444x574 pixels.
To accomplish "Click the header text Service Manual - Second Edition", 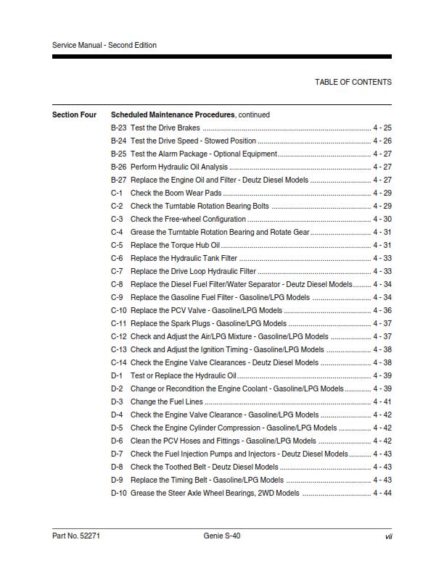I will pos(104,45).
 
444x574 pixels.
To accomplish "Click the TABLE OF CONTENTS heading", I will pos(353,82).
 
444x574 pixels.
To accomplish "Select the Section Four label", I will pos(74,115).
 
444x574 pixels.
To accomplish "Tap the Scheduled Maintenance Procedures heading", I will pos(173,115).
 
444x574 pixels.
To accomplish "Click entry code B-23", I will pos(118,128).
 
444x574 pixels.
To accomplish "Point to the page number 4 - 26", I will pos(382,141).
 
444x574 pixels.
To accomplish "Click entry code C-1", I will pos(117,193).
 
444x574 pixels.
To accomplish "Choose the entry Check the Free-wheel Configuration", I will pos(188,219).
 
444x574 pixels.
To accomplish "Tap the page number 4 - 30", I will pos(382,219).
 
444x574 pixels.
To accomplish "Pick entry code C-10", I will pos(118,310).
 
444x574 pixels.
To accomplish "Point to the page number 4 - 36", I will pos(382,310).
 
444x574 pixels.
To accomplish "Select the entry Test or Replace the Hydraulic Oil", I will pos(184,375).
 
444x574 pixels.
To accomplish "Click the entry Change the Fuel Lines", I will pos(166,402).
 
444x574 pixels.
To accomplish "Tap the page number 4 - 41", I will pos(382,402).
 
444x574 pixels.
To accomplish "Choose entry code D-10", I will pos(118,493).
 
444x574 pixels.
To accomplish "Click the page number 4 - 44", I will pos(382,493).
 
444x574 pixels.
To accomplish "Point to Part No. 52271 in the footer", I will pos(76,536).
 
